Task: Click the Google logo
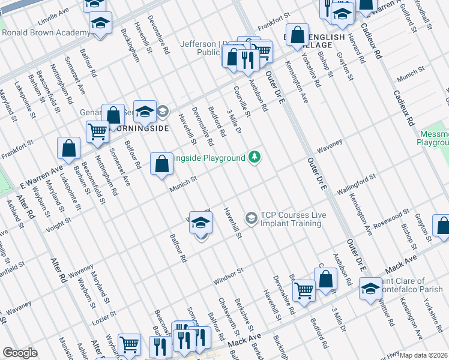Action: [x=20, y=353]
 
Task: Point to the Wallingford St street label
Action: [x=356, y=184]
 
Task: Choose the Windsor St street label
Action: [x=229, y=276]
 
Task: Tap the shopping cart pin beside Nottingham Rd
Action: [x=97, y=132]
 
